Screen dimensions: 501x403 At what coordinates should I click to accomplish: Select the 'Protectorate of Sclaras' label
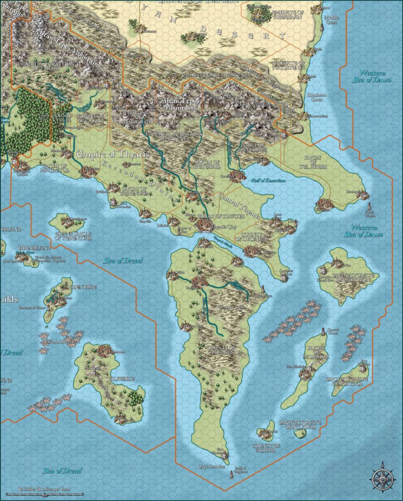coord(300,425)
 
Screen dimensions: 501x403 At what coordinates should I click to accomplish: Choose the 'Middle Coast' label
coord(331,19)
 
